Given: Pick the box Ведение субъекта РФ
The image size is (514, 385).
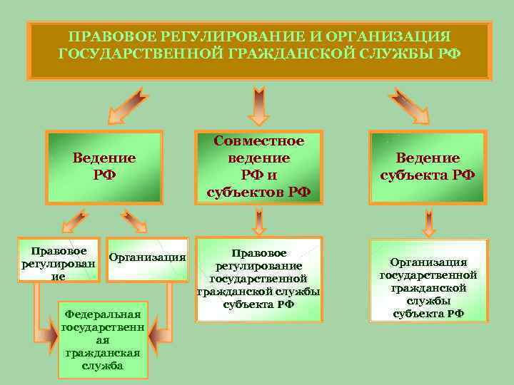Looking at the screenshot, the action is pos(428,166).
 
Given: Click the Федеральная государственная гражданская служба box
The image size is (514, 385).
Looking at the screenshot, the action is pos(103,339).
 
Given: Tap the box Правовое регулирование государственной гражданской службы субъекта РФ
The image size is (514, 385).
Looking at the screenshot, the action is pos(259,279).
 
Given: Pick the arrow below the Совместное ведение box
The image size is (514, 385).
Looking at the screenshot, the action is pos(259,220).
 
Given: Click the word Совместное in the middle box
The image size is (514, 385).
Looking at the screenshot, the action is pos(259,141).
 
